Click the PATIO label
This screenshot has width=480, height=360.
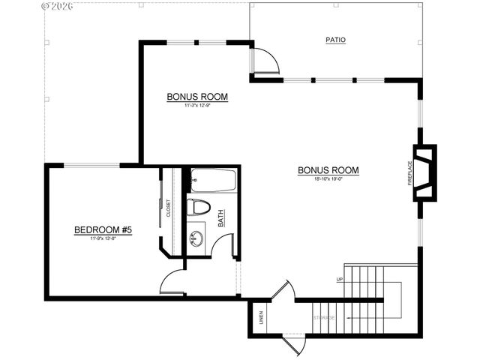click(x=336, y=40)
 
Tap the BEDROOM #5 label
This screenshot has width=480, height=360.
click(x=103, y=230)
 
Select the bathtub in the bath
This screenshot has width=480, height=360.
click(x=213, y=180)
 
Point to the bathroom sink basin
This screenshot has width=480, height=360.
click(x=196, y=239)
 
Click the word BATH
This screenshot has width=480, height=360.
click(x=221, y=217)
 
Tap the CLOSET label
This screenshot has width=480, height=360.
click(x=169, y=208)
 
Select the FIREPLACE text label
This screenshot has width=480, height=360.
click(x=410, y=172)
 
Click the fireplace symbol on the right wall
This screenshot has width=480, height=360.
click(x=424, y=172)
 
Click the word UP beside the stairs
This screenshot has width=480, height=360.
click(x=340, y=280)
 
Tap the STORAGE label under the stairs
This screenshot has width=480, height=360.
click(x=325, y=318)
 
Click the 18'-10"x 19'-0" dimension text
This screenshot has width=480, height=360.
click(x=328, y=179)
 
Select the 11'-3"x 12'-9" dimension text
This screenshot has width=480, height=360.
click(x=196, y=106)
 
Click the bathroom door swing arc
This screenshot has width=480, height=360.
click(x=223, y=244)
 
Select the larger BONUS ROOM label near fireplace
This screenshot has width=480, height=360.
click(x=328, y=170)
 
